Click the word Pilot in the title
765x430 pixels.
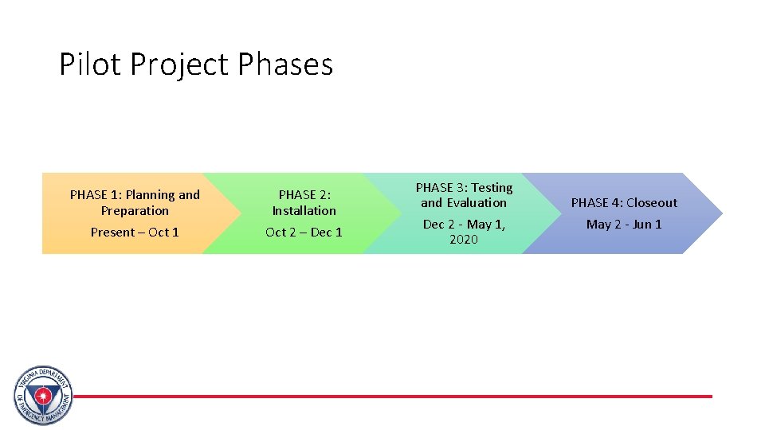click(x=88, y=64)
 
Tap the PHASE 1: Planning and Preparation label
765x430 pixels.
click(x=135, y=202)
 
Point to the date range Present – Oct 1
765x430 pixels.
click(x=135, y=233)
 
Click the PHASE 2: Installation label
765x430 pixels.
click(x=304, y=202)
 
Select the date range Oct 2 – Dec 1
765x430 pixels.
click(x=304, y=233)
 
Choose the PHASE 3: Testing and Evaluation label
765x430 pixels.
click(x=464, y=195)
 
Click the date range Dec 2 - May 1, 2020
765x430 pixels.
click(x=464, y=232)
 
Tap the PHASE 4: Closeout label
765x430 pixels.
click(x=624, y=203)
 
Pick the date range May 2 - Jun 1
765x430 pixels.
click(x=624, y=225)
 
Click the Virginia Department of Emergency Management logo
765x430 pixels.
click(x=43, y=396)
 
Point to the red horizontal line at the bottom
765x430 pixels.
click(x=398, y=396)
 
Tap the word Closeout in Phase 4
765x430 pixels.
click(x=651, y=203)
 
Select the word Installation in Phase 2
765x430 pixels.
click(x=304, y=211)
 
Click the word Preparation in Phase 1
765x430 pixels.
click(x=135, y=211)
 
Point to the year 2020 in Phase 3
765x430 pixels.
click(x=464, y=240)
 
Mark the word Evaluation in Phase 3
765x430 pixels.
click(x=476, y=203)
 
